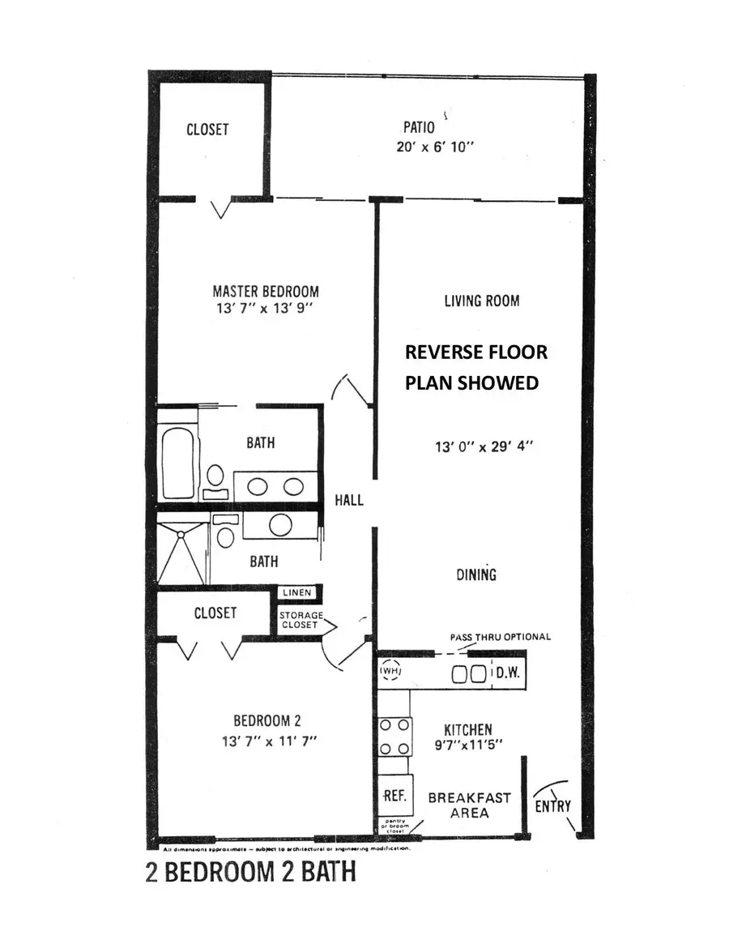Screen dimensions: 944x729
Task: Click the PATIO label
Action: tap(419, 127)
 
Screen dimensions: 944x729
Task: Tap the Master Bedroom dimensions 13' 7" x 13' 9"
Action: tap(266, 309)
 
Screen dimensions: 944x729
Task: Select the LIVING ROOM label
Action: tap(481, 301)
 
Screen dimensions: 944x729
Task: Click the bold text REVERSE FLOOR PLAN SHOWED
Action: tap(475, 367)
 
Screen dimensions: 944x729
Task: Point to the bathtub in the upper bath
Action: tap(177, 461)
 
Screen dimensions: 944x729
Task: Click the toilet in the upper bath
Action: tap(215, 476)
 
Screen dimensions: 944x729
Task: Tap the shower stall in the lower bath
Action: tap(180, 553)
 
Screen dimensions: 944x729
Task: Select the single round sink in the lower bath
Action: tap(280, 525)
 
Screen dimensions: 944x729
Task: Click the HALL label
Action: tap(349, 500)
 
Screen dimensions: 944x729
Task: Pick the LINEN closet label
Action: tap(296, 593)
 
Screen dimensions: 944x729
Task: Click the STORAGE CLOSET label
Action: tap(301, 620)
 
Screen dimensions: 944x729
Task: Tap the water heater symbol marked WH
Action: tap(390, 672)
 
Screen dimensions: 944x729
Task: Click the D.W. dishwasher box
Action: tap(509, 673)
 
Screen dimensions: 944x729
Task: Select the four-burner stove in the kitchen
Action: tap(394, 737)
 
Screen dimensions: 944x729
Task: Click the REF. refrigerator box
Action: tap(394, 796)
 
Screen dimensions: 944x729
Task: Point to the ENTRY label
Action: tap(552, 805)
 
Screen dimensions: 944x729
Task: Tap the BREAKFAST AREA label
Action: tap(469, 805)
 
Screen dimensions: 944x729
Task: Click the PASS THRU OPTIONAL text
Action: tap(500, 637)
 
